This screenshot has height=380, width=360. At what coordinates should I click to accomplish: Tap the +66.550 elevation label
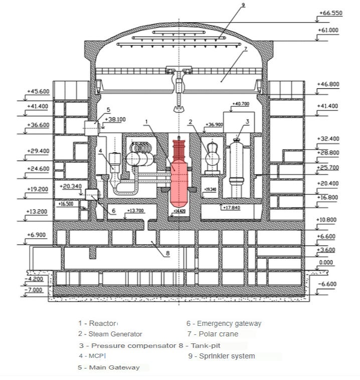pos(330,14)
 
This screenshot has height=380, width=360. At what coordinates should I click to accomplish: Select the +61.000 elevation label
pos(328,31)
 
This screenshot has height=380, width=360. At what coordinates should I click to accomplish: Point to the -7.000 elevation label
pos(35,290)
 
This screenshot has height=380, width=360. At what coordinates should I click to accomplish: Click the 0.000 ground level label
pos(326,262)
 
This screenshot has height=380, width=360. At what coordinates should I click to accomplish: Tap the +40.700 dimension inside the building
pos(241,104)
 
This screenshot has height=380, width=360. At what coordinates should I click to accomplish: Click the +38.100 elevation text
pos(115,120)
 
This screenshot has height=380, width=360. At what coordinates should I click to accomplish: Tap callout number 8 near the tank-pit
pos(168,254)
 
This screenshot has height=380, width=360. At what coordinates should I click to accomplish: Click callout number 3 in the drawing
pos(247,121)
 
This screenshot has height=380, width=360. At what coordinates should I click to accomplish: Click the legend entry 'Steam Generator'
pos(110,334)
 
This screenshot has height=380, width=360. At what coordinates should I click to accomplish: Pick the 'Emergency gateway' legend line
pos(224,324)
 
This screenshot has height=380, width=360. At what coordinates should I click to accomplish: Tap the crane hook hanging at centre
pos(179,108)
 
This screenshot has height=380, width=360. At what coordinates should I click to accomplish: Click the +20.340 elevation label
pos(70,186)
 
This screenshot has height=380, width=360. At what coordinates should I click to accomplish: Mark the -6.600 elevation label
pos(328,284)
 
